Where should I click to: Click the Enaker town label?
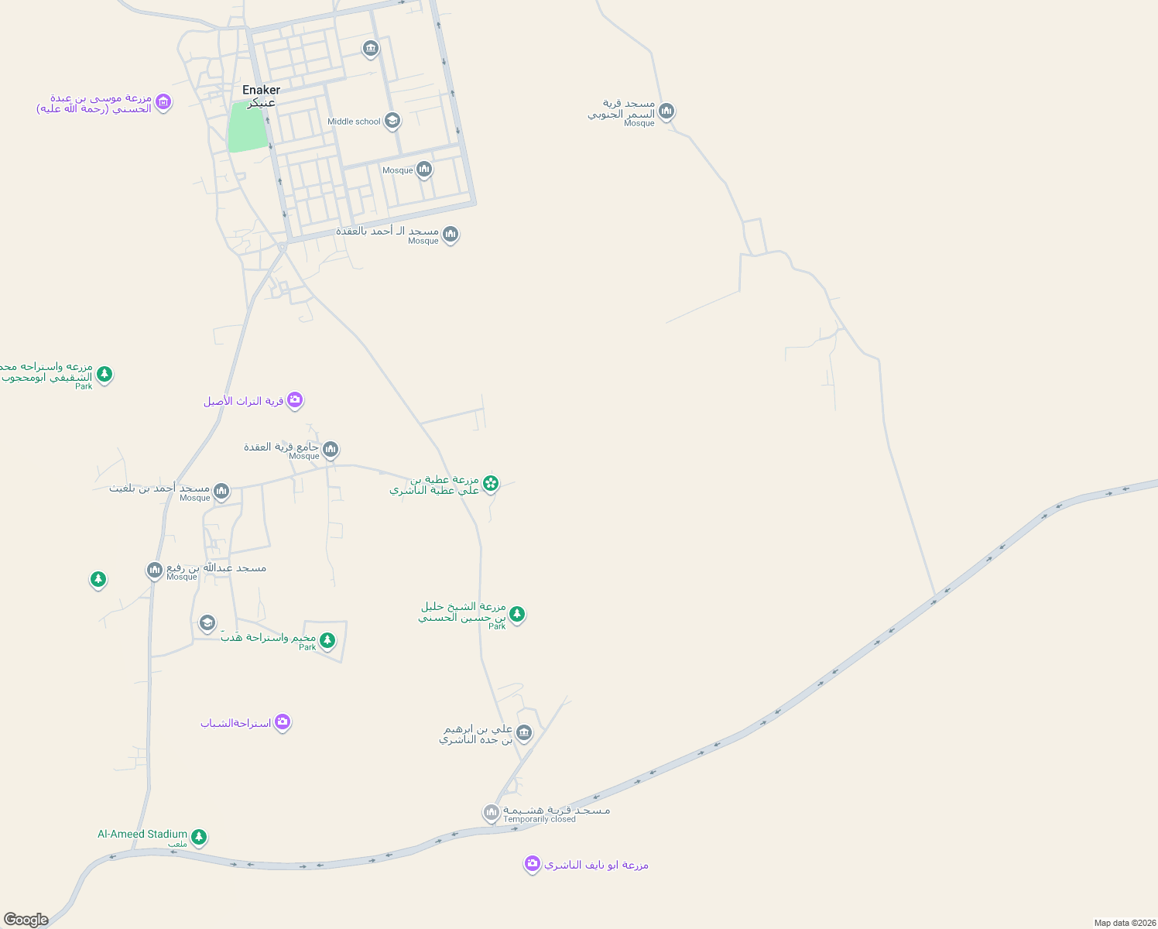tap(261, 90)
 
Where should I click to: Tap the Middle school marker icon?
tap(392, 120)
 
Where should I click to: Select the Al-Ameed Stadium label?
tap(142, 834)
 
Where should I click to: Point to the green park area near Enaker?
tap(247, 127)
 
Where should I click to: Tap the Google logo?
tap(26, 920)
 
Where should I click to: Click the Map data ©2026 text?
tap(1124, 923)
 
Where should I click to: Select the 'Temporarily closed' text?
tap(540, 819)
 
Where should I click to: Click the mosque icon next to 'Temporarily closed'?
tap(491, 812)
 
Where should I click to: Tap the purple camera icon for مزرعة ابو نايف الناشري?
tap(532, 863)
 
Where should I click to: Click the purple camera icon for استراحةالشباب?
tap(283, 722)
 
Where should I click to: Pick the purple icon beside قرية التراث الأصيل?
tap(294, 399)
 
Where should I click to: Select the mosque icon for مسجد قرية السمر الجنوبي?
tap(666, 111)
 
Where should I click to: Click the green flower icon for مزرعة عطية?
tap(490, 484)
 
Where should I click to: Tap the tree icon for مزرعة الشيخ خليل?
tap(517, 614)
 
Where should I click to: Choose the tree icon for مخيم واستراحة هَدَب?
tap(327, 639)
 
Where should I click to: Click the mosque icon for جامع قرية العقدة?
tap(331, 449)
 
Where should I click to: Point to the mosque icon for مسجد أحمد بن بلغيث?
tap(221, 491)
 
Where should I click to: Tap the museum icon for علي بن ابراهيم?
tap(524, 732)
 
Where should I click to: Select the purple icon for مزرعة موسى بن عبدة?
tap(163, 101)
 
